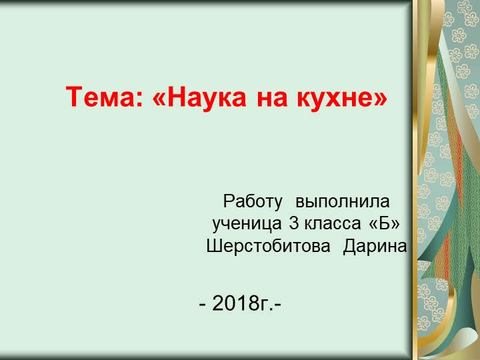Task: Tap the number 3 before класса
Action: pos(293,223)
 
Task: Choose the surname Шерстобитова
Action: pos(268,246)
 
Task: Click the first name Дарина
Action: pos(375,246)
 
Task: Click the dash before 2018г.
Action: pos(203,305)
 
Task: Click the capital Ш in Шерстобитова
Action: pos(213,246)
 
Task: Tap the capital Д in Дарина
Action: pos(349,246)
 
